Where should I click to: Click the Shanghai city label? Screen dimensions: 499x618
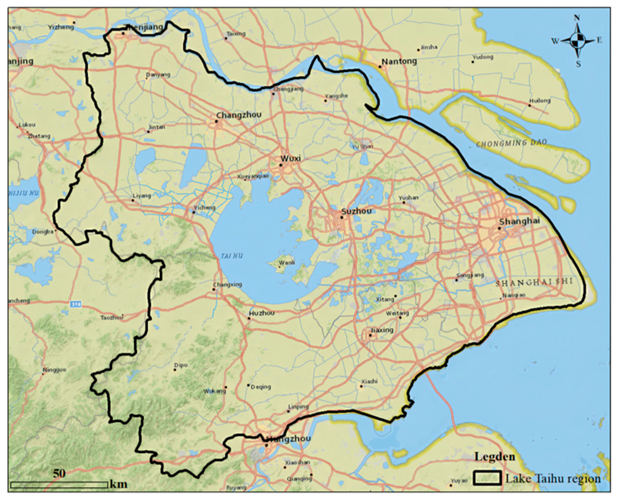(519, 221)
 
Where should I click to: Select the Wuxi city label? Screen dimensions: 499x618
(291, 158)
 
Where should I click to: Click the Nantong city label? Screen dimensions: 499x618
(399, 61)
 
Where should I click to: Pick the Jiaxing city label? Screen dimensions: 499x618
(382, 330)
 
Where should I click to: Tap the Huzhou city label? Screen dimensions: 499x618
(262, 313)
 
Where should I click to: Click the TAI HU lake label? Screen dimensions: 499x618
(232, 256)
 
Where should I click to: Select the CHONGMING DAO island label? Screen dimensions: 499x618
(511, 143)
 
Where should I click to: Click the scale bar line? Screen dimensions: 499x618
(59, 485)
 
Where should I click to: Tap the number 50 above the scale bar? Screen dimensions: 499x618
(59, 473)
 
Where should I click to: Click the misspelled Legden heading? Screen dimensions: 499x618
(495, 457)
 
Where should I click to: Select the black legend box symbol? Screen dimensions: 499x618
(487, 478)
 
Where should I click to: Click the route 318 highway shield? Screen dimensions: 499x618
(75, 304)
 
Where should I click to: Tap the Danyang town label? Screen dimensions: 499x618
(158, 75)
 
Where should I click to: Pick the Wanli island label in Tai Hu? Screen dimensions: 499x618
(287, 262)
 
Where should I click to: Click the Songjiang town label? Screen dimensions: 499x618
(470, 275)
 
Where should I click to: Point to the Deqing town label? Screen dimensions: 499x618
(261, 387)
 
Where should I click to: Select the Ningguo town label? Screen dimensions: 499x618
(55, 370)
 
